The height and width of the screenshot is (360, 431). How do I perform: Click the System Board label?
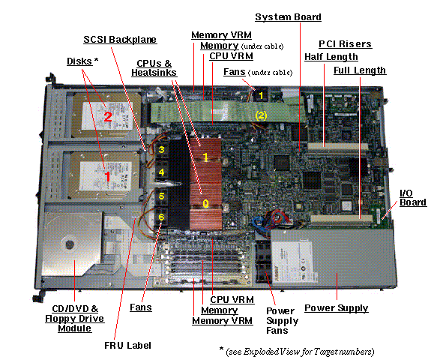(288, 17)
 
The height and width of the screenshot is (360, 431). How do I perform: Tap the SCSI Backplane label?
(120, 40)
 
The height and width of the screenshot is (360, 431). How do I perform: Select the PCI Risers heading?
(345, 44)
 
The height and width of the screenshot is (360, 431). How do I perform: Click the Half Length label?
(331, 57)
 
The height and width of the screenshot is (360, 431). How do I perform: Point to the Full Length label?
(360, 70)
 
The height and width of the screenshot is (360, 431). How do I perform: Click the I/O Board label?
(413, 198)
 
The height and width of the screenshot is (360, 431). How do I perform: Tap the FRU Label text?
(128, 346)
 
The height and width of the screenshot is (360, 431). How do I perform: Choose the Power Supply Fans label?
(282, 321)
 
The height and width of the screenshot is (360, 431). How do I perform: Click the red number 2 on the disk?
(108, 117)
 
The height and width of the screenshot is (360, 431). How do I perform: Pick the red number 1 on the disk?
(107, 176)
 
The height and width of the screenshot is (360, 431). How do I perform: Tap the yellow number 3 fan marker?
(161, 149)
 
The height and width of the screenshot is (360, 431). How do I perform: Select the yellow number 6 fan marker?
(161, 217)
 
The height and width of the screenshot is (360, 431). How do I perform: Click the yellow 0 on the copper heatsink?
(205, 204)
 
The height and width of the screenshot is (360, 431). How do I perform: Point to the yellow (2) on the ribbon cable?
(261, 115)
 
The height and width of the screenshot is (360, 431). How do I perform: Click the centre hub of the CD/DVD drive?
(70, 244)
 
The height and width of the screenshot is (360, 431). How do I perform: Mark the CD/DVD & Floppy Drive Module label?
(75, 319)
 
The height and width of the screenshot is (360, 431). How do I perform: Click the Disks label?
(82, 61)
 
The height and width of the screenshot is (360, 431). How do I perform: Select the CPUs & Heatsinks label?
(154, 68)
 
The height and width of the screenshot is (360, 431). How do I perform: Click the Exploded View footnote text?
(297, 352)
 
